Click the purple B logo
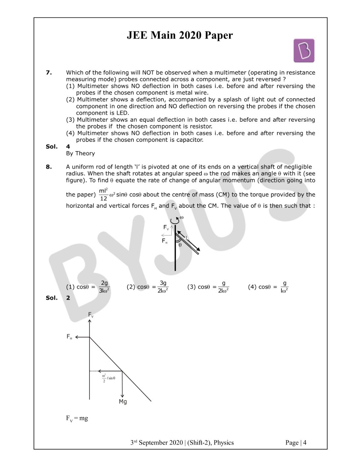coord(304,50)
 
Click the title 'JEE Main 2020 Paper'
coord(180,35)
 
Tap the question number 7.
coord(49,73)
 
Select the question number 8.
coord(49,167)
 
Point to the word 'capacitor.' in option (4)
coord(190,140)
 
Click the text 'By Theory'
coord(80,153)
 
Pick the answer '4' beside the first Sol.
coord(68,146)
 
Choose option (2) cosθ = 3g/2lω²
coord(148,287)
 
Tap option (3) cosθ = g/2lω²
coord(208,287)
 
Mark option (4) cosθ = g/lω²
coord(268,287)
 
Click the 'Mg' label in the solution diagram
coord(123,402)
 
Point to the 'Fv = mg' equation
coord(77,419)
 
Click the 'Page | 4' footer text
coord(296,443)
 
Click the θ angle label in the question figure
coord(180,245)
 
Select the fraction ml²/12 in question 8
coord(103,195)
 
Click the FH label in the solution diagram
coord(69,337)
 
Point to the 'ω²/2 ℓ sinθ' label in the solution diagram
coord(108,378)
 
